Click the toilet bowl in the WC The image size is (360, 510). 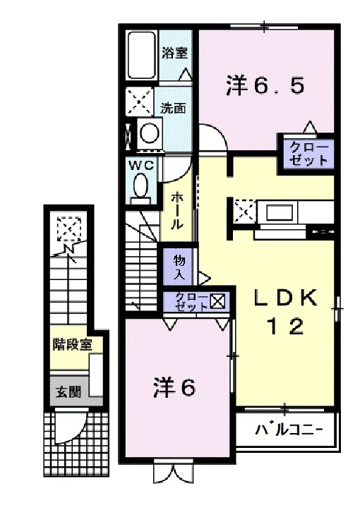click(x=140, y=186)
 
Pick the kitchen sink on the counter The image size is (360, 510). click(x=278, y=211)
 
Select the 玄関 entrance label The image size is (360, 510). click(x=67, y=391)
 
